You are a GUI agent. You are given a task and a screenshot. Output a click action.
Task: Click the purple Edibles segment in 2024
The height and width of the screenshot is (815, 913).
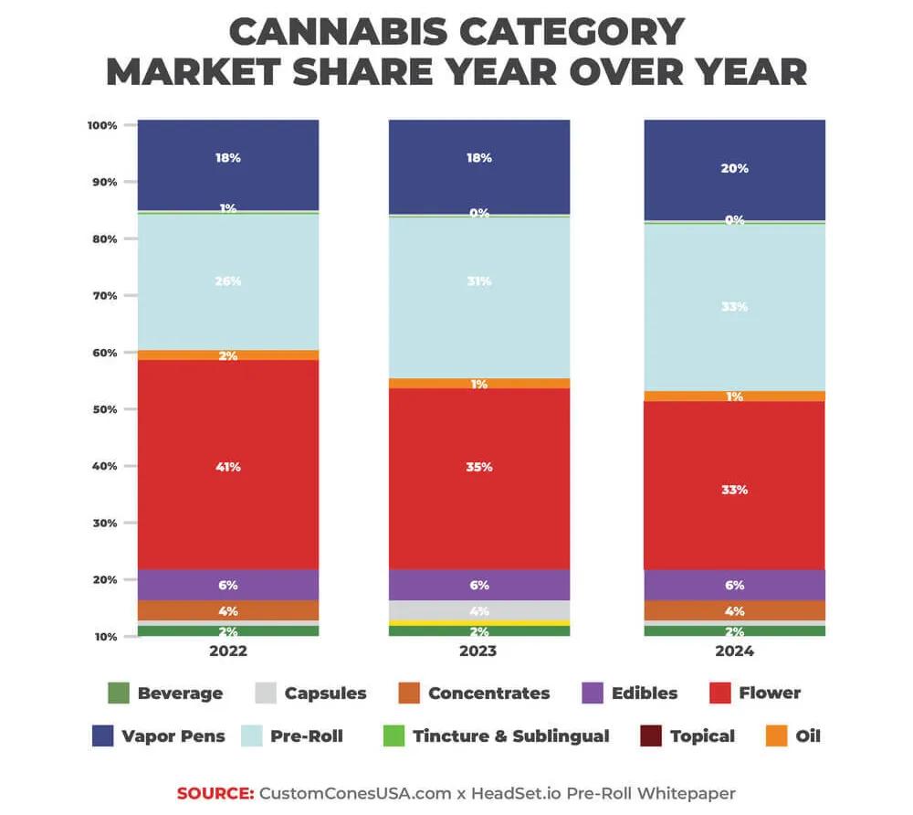[x=735, y=585]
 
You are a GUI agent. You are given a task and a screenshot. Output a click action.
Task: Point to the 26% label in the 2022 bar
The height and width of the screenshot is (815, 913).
[x=227, y=281]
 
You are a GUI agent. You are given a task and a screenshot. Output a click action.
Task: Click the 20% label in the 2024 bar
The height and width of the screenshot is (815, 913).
[x=735, y=168]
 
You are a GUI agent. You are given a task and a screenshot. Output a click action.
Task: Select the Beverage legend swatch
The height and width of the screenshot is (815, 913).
[x=118, y=693]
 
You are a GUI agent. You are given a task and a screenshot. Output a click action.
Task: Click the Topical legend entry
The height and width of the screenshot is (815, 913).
[x=700, y=736]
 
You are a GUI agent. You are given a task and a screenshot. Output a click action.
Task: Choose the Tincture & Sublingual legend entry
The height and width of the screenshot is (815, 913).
[x=510, y=736]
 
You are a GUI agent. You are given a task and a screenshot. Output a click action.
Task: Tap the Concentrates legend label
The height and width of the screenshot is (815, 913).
[x=488, y=693]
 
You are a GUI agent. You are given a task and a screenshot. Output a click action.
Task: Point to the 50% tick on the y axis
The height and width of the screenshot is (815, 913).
[x=104, y=409]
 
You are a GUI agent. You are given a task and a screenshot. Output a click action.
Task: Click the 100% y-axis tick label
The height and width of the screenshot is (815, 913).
[x=102, y=124]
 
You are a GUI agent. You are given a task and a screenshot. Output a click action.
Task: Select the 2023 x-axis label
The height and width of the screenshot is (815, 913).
[x=478, y=651]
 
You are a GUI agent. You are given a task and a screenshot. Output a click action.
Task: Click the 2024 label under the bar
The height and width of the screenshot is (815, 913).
[x=735, y=651]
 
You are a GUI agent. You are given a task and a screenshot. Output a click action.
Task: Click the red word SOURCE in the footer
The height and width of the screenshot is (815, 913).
[x=215, y=793]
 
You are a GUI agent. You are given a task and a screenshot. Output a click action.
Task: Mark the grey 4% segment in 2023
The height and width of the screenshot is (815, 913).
[x=478, y=610]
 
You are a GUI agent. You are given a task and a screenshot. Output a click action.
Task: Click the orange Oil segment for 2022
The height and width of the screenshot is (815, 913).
[x=227, y=355]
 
